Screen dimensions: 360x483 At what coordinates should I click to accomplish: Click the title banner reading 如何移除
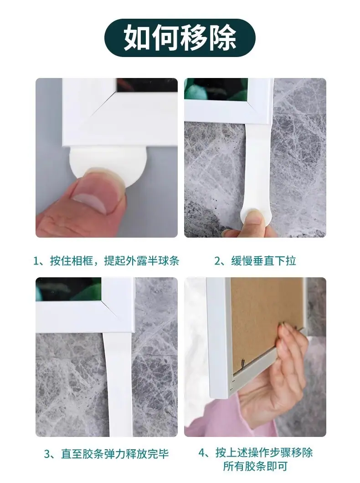point(180,38)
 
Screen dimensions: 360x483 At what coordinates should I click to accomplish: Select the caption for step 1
point(106,261)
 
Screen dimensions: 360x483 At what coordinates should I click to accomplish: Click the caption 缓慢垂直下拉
point(263,261)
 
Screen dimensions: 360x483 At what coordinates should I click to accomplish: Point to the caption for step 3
point(106,454)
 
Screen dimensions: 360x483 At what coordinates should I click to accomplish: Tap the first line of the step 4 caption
point(255,453)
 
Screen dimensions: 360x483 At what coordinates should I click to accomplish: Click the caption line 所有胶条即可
point(255,467)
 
